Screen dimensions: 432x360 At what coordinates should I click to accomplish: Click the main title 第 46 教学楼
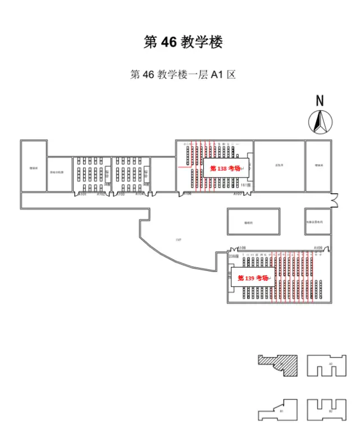click(x=183, y=42)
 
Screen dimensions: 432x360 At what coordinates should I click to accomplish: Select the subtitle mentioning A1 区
click(x=183, y=75)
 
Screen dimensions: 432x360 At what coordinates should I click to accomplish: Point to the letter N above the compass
click(x=320, y=101)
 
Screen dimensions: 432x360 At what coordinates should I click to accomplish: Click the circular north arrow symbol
click(x=320, y=122)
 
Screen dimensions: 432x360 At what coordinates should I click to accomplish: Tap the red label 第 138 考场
click(x=225, y=168)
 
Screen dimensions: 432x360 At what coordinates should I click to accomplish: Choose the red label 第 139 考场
click(x=253, y=278)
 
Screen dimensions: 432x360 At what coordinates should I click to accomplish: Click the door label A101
click(x=82, y=194)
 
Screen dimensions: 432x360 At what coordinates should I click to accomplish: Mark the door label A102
click(x=101, y=194)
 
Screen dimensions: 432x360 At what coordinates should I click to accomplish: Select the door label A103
click(x=120, y=194)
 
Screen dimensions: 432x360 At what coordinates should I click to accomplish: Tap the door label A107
click(x=238, y=194)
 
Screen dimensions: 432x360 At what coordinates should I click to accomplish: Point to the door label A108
click(x=241, y=248)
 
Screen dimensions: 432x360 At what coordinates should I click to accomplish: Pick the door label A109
click(x=318, y=248)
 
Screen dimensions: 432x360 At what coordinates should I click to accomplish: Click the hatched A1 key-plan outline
click(x=279, y=365)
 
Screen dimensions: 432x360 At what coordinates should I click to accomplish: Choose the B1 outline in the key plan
click(x=279, y=410)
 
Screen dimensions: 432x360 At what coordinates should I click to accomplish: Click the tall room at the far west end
click(x=33, y=166)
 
